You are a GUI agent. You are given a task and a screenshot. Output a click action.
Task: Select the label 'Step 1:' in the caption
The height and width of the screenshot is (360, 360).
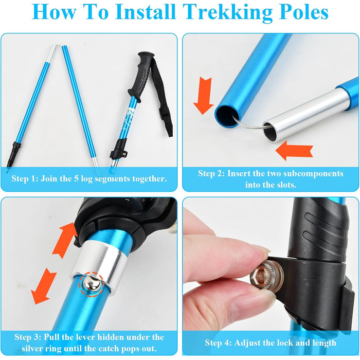25,178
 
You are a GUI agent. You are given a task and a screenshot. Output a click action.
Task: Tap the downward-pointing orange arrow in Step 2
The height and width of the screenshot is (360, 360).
204,96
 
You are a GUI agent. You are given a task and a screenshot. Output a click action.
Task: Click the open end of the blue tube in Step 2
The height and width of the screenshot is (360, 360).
227,116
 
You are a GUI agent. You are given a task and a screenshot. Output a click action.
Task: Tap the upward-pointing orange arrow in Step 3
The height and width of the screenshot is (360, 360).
65,241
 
